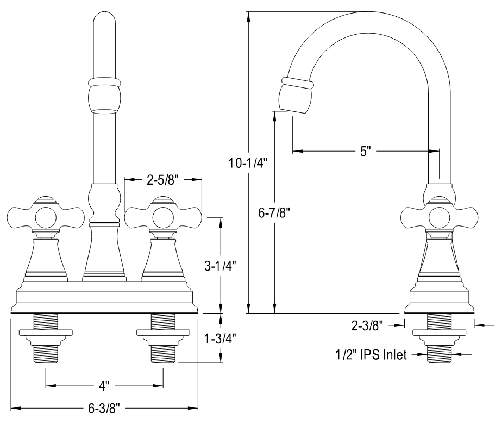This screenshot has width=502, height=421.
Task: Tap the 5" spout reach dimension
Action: click(x=365, y=150)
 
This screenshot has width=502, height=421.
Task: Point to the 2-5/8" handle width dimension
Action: click(x=163, y=180)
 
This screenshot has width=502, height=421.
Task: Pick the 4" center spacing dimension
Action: click(x=104, y=386)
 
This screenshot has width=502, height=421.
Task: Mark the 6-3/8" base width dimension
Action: click(x=104, y=408)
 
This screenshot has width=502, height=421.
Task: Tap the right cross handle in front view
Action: click(x=163, y=217)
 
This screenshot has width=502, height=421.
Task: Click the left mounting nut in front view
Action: click(x=46, y=333)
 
